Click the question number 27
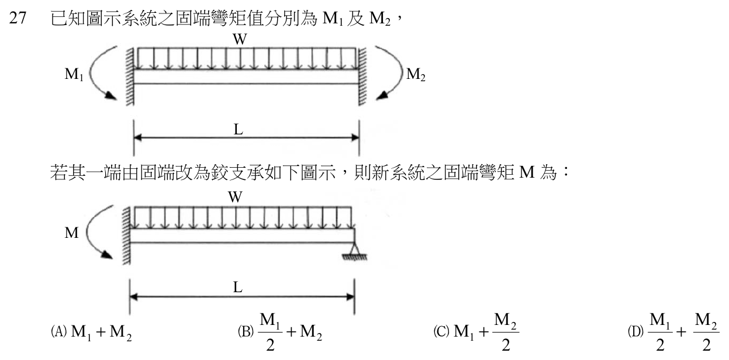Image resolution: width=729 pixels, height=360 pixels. (x=18, y=18)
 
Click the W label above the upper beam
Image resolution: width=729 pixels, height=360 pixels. (x=240, y=39)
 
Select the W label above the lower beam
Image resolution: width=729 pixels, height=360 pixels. (x=235, y=197)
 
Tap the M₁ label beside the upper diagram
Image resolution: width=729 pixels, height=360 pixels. (x=74, y=74)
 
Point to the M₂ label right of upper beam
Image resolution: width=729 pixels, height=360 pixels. (x=416, y=74)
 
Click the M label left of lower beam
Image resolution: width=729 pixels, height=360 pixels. (x=71, y=233)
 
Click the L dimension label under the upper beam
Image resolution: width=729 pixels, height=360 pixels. (x=239, y=129)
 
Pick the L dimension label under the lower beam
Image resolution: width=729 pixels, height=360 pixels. (x=238, y=287)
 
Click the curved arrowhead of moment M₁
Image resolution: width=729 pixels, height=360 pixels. (x=110, y=95)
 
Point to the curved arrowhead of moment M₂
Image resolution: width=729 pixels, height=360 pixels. (x=382, y=95)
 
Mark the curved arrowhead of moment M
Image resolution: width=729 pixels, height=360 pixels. (x=106, y=254)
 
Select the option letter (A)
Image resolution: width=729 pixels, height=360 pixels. (x=58, y=331)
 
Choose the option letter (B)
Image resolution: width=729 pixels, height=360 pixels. (x=246, y=331)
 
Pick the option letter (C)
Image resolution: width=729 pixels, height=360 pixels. (x=441, y=331)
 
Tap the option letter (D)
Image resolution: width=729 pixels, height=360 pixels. (x=635, y=331)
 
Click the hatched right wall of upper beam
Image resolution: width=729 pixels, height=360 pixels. (x=362, y=77)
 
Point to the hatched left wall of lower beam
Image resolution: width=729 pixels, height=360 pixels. (x=126, y=236)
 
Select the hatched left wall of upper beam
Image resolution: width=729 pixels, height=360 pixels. (x=130, y=77)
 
